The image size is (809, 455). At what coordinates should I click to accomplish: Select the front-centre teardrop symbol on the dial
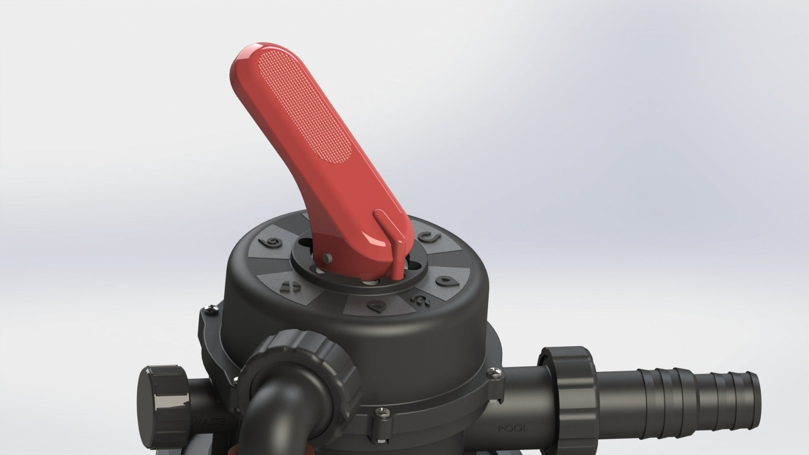pyautogui.click(x=375, y=305)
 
